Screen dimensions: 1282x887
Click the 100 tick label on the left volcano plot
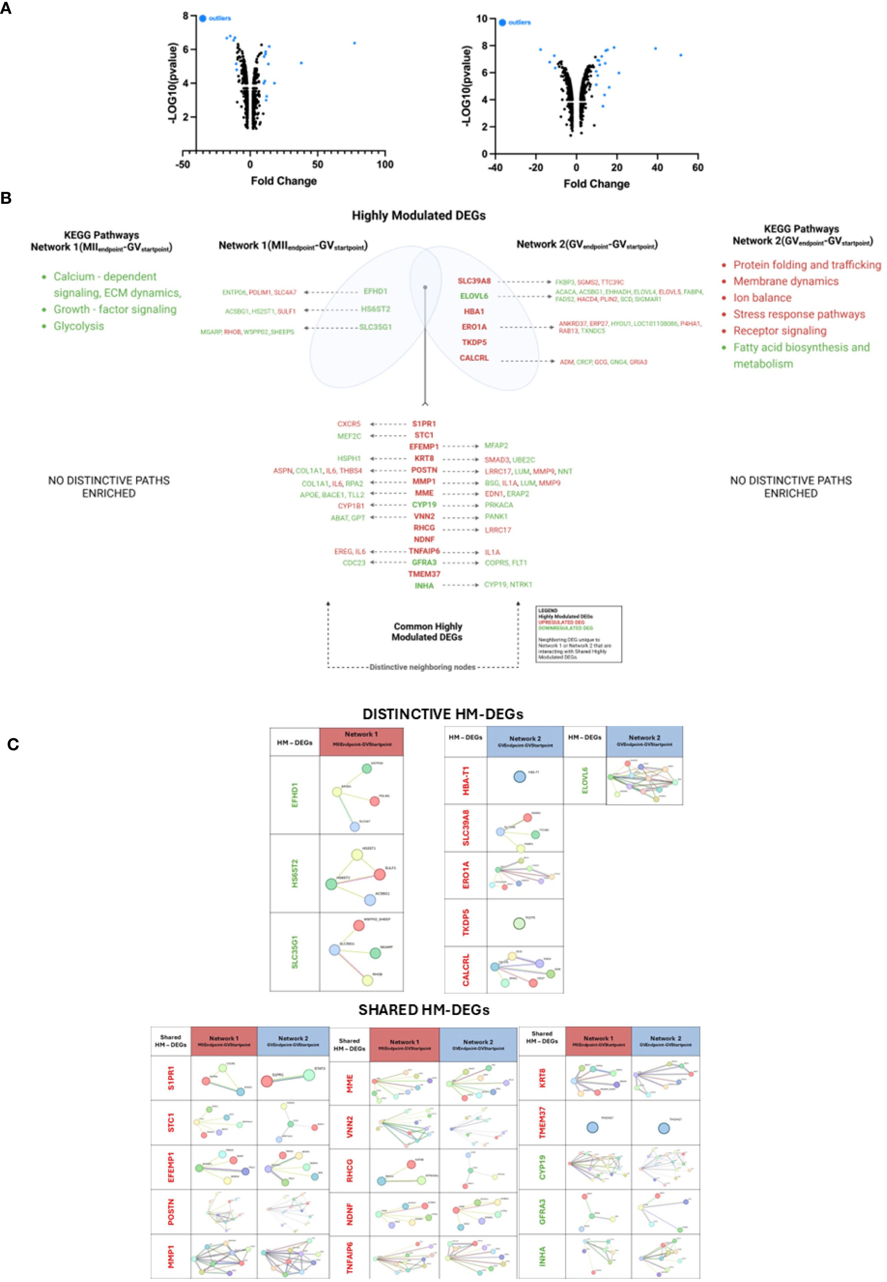point(385,165)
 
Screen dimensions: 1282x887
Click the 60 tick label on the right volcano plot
point(697,167)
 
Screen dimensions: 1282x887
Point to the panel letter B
point(7,198)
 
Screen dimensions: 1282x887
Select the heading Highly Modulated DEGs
point(418,216)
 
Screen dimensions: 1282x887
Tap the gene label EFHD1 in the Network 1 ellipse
point(375,291)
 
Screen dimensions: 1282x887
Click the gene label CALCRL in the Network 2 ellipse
point(474,358)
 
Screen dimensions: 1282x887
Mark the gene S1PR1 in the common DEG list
point(424,424)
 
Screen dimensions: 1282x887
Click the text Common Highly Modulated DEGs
point(427,631)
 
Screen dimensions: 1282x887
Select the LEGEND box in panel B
point(579,634)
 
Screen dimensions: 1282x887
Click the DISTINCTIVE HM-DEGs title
point(442,714)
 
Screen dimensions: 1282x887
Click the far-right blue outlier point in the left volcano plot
point(355,43)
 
